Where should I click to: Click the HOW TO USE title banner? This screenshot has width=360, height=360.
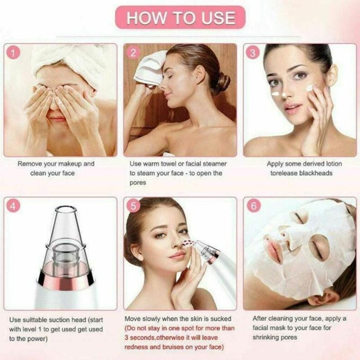coord(180,18)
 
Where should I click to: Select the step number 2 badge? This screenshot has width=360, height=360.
coord(133,53)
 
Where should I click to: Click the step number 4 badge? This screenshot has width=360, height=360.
coord(15,207)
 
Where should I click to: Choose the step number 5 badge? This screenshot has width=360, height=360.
coord(133,207)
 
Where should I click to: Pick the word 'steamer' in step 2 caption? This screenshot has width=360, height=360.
coord(212,164)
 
